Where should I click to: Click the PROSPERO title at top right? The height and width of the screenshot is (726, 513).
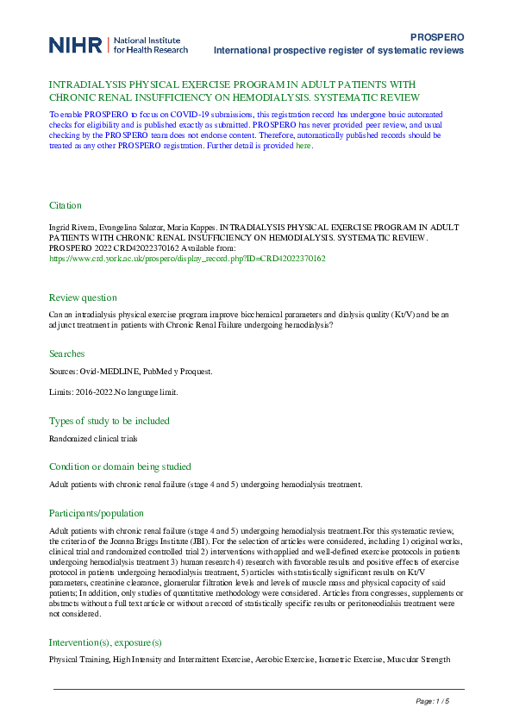coord(437,38)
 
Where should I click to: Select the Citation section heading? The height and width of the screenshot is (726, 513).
coord(66,206)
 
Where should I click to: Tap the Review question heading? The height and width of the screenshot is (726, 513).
coord(83,296)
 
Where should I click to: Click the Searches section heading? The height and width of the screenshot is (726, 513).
coord(66,354)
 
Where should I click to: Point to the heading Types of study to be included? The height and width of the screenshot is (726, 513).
coord(109,421)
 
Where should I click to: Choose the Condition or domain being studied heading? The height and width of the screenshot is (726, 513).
coord(120,466)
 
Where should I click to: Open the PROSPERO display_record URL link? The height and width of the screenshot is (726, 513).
coord(187,258)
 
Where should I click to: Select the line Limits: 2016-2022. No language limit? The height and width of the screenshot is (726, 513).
coord(114,392)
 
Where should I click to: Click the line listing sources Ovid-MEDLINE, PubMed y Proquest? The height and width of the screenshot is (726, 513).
coord(130,372)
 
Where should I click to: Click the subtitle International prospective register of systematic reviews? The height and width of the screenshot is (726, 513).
coord(339,51)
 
